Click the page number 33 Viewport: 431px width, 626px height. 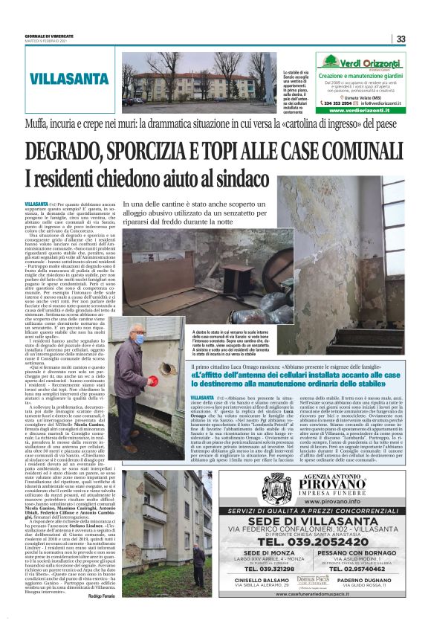point(401,39)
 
